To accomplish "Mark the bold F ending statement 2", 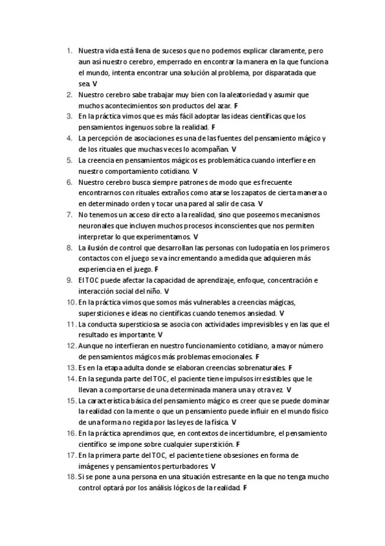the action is [x=236, y=105].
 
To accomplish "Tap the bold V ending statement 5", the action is [x=195, y=171].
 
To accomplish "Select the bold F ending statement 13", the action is [x=291, y=368].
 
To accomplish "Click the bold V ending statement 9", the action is [x=166, y=291].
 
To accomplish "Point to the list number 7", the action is [x=69, y=214].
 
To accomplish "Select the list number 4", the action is [x=69, y=138].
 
